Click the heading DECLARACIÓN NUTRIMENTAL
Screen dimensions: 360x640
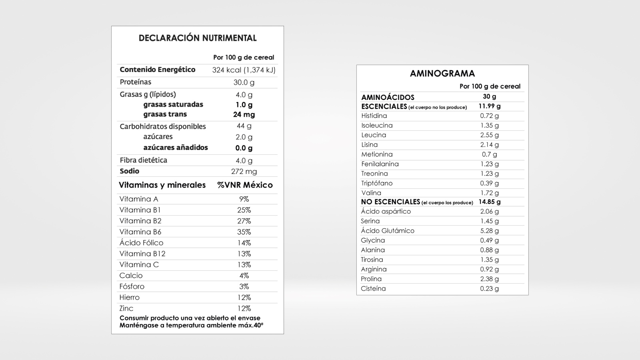tap(198, 38)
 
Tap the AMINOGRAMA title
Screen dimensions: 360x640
tap(442, 74)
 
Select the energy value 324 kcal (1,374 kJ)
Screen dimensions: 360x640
tap(244, 70)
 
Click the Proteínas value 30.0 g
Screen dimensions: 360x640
tap(244, 82)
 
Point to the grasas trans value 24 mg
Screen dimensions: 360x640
tap(244, 114)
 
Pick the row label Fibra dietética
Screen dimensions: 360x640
tap(143, 160)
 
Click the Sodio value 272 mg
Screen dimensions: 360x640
tap(244, 172)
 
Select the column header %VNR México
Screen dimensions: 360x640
tap(245, 185)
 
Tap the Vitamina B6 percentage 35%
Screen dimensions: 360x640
tap(244, 232)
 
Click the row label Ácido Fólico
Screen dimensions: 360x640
tap(141, 243)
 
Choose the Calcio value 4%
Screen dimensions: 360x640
tap(244, 276)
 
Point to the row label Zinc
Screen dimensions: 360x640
tap(126, 308)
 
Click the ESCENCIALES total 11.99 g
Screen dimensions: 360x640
tap(490, 106)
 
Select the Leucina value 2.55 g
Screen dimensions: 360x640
tap(490, 135)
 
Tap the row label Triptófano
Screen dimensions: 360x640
tap(377, 183)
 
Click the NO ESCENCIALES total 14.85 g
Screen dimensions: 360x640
tap(490, 202)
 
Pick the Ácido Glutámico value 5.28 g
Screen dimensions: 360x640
tap(490, 231)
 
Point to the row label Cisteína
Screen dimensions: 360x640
tap(373, 289)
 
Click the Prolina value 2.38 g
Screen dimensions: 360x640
tap(490, 279)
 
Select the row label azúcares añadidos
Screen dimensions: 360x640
tap(176, 148)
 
